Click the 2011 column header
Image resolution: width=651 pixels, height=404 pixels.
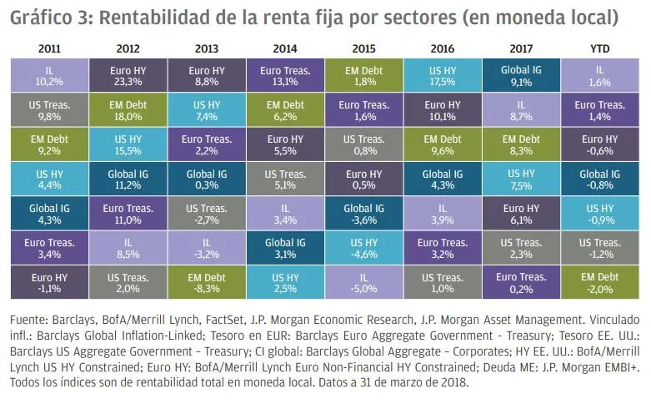coord(48,49)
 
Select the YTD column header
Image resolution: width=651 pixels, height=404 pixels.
coord(600,49)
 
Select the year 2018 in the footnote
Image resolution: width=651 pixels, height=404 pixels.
coord(454,382)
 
